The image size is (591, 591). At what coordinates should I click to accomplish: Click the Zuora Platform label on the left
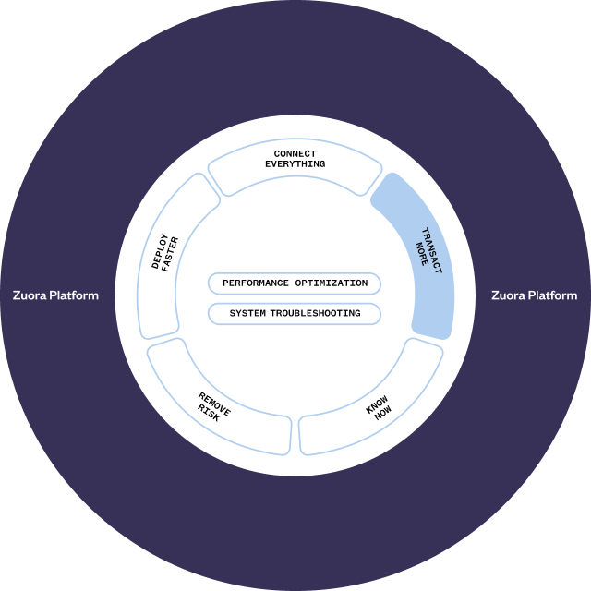[55, 296]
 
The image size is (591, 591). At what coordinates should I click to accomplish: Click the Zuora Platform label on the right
[534, 296]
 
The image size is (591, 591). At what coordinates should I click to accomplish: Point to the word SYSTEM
[247, 314]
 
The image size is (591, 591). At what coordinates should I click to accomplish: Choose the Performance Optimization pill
[295, 283]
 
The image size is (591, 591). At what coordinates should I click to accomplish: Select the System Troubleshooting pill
[295, 314]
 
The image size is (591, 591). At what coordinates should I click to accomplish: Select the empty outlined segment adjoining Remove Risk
[166, 259]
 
